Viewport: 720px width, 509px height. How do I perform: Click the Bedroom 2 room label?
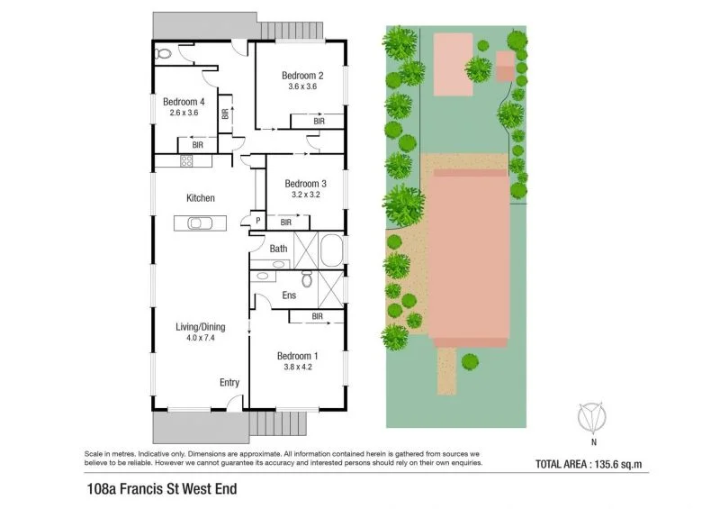pyautogui.click(x=301, y=75)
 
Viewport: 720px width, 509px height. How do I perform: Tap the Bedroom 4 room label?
pyautogui.click(x=184, y=102)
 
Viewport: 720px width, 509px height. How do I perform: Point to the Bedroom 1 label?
pyautogui.click(x=298, y=355)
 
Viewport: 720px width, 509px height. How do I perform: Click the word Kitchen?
pyautogui.click(x=200, y=197)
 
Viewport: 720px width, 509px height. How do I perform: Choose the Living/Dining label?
pyautogui.click(x=200, y=326)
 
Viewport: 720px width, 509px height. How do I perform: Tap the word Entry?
pyautogui.click(x=229, y=383)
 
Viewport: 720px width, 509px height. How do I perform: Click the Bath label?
pyautogui.click(x=278, y=248)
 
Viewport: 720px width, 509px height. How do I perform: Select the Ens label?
pyautogui.click(x=289, y=295)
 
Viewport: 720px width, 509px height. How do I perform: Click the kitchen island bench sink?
pyautogui.click(x=199, y=223)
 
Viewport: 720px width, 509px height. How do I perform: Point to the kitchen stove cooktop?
pyautogui.click(x=187, y=161)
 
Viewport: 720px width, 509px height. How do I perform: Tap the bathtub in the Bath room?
pyautogui.click(x=331, y=250)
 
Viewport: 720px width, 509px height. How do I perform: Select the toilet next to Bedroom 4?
pyautogui.click(x=163, y=55)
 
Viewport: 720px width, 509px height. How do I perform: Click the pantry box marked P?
pyautogui.click(x=257, y=221)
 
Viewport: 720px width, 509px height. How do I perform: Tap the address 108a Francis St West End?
pyautogui.click(x=159, y=492)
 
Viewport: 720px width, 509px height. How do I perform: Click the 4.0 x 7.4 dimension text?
pyautogui.click(x=200, y=338)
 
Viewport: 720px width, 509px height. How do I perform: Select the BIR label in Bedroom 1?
pyautogui.click(x=317, y=316)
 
